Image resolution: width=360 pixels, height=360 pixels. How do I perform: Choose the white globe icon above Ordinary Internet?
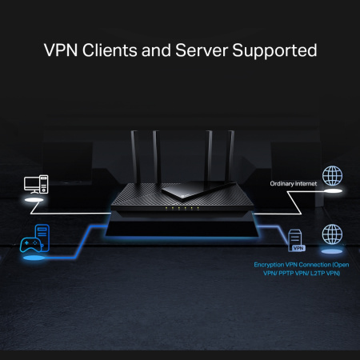click(331, 177)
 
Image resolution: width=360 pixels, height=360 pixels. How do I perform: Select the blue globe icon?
click(331, 235)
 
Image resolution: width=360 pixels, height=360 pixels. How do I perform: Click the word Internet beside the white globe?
click(306, 184)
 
